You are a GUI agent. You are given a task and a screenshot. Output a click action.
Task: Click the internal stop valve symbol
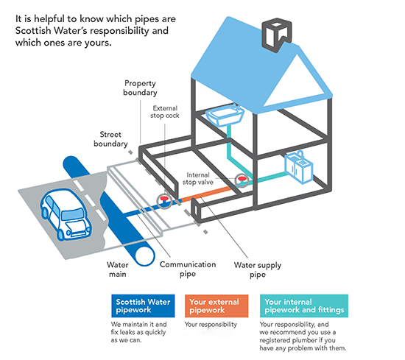[x=241, y=180]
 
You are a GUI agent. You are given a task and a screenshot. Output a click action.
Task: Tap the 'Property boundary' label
[x=140, y=89]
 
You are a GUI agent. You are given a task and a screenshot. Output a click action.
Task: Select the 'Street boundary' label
[x=115, y=139]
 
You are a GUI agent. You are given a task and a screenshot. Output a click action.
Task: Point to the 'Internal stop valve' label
[x=202, y=175]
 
